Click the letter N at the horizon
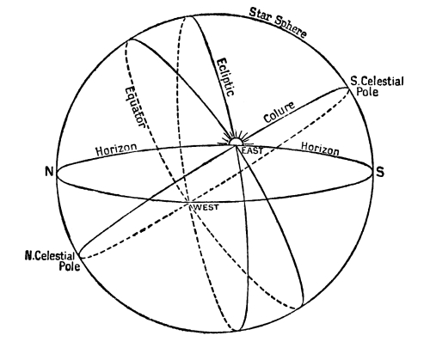coord(49,172)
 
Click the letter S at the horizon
coord(380,172)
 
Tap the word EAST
coord(252,150)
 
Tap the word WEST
coord(206,207)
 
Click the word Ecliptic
coord(226,77)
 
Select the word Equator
coord(135,107)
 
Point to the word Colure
coord(279,112)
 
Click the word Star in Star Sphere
coord(260,15)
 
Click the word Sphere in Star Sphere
coord(291,27)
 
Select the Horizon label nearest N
coord(116,149)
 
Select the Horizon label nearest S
coord(320,149)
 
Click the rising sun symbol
coord(235,139)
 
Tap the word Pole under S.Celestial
coord(367,92)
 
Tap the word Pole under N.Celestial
coord(70,266)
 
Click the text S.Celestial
coord(377,81)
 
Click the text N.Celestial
coord(50,256)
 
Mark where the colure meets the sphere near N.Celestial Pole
coord(81,257)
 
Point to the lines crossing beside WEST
coord(189,203)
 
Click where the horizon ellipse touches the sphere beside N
coord(56,174)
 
